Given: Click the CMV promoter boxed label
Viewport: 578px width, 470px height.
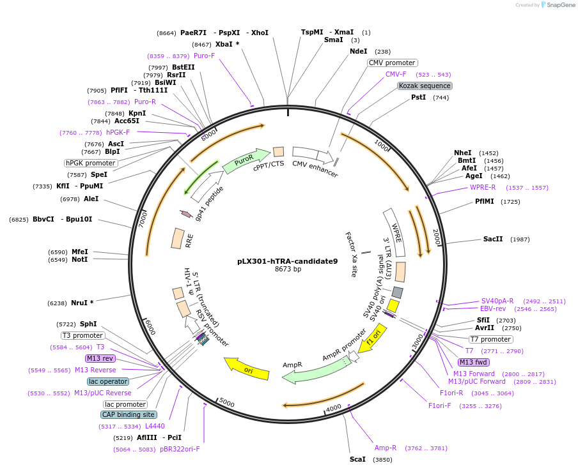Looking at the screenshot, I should point(393,63).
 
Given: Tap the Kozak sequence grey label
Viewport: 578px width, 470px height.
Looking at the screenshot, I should point(425,86).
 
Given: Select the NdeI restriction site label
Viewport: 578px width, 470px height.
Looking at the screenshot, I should point(358,51).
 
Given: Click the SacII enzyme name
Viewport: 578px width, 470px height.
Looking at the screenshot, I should point(493,239).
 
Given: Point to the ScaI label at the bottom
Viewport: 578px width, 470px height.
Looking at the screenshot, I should point(357,459).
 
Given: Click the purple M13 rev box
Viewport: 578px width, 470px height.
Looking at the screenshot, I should point(100,358).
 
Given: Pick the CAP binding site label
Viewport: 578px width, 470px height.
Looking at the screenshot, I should point(129,414).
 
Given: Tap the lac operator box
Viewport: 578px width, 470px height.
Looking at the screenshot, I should point(108,381).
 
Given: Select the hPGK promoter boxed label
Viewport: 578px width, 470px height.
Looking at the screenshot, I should point(90,163).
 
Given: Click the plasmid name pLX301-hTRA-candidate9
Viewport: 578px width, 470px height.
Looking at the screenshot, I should point(287,261).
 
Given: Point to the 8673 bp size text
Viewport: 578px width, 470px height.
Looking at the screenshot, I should point(288,269).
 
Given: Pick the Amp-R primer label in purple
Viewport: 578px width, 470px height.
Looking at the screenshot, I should point(386,448).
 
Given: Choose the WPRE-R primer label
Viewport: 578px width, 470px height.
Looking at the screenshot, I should point(483,187).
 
